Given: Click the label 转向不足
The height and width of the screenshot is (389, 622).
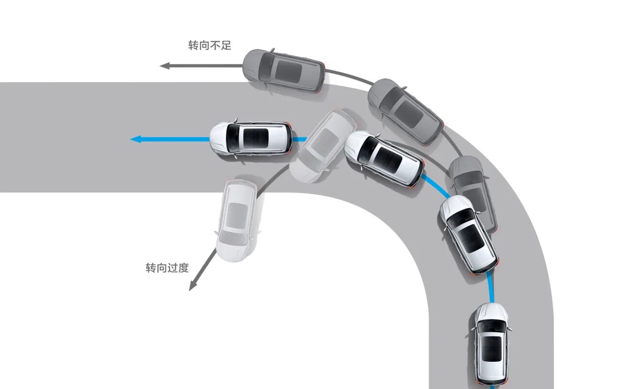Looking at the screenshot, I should tap(209, 46).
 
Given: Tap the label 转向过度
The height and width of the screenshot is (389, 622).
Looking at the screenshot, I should tap(167, 267).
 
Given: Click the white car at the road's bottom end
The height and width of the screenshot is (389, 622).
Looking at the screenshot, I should tap(491, 343).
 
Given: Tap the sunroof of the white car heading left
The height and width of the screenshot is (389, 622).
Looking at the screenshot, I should tap(255, 139).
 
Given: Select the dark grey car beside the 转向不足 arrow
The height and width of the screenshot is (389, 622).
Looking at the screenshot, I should tap(284, 71).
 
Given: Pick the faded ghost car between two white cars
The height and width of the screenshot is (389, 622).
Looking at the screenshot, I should tap(323, 145).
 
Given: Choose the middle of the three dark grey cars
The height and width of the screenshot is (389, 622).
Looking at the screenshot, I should tap(405, 111).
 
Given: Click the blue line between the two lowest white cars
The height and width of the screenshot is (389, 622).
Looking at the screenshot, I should tap(491, 287).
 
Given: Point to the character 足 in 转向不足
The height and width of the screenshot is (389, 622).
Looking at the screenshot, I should tap(225, 46).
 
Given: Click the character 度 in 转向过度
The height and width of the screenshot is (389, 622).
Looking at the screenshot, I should tap(183, 267).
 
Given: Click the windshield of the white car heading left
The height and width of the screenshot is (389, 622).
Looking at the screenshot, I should tap(232, 139).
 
